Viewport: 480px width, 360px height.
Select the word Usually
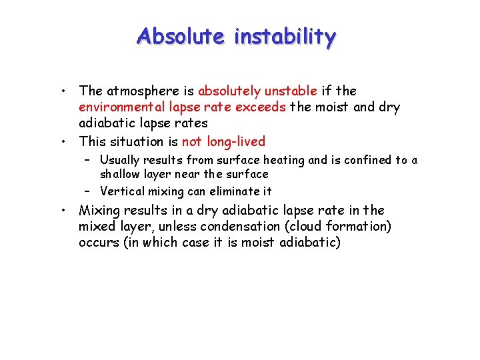tap(121, 160)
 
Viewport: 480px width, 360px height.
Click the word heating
tap(283, 160)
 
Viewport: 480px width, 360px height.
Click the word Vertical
tap(120, 191)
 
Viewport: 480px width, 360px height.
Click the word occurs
tap(97, 243)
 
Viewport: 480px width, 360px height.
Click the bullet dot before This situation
tap(62, 142)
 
